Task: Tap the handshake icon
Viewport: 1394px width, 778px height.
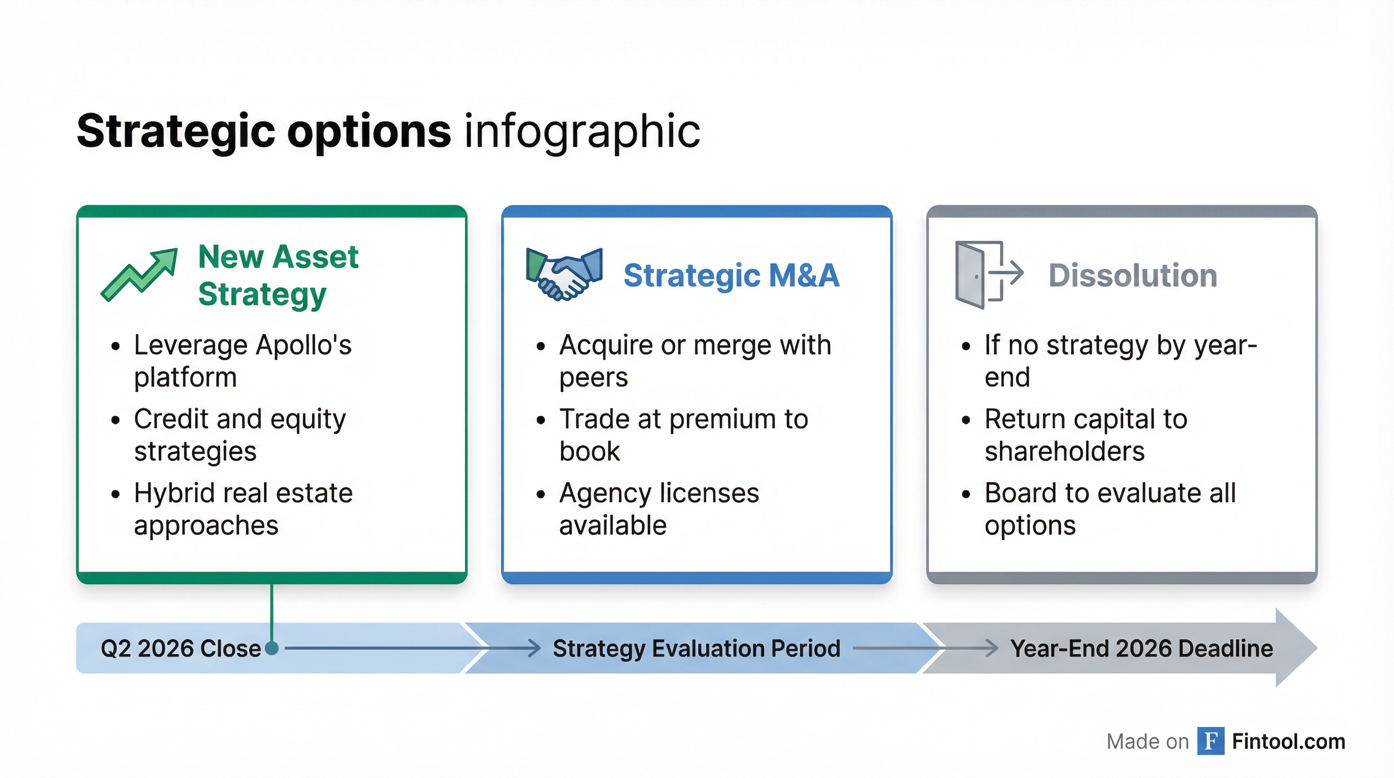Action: coord(564,274)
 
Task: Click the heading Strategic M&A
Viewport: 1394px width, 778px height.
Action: coord(731,276)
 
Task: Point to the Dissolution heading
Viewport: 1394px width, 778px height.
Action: coord(1133,276)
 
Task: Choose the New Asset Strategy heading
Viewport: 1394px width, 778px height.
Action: coord(278,276)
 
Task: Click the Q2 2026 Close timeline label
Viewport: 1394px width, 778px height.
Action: coord(181,648)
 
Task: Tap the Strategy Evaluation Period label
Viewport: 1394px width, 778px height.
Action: coord(696,648)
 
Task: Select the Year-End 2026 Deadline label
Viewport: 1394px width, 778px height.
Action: coord(1141,648)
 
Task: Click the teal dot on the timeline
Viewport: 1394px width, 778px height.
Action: coord(272,648)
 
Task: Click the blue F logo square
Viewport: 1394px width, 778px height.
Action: coord(1211,741)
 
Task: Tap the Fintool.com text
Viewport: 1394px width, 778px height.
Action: coord(1289,741)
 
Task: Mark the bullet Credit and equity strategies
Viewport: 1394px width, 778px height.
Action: coord(240,435)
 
